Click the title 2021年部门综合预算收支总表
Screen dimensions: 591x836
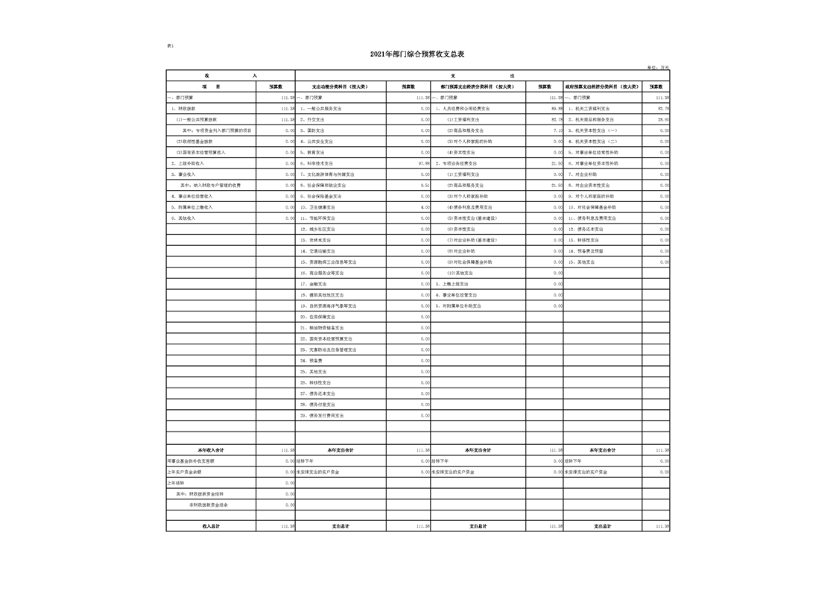click(x=417, y=54)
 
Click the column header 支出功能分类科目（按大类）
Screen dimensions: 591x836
click(x=340, y=86)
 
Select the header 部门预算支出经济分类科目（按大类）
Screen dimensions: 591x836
click(x=478, y=86)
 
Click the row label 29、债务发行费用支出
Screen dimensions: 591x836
click(x=322, y=415)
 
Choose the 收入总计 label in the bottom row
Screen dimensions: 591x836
click(x=211, y=526)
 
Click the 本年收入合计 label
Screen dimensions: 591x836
click(x=211, y=450)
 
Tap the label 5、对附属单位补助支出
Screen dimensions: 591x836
click(x=458, y=306)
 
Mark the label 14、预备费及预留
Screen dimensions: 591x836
click(x=586, y=251)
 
